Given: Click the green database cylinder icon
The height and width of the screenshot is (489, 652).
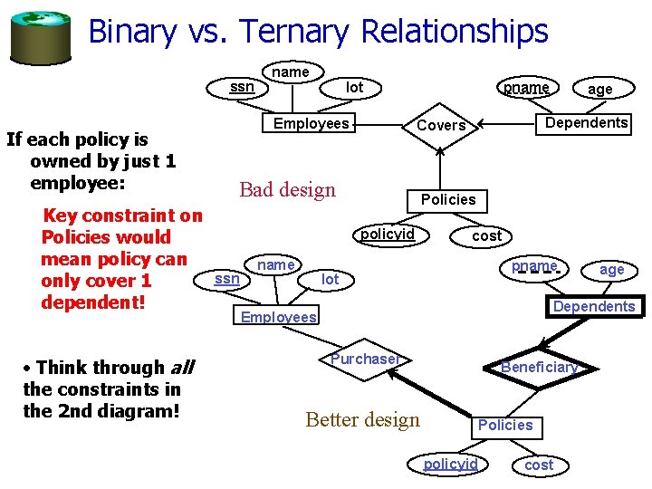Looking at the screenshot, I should click(x=40, y=34).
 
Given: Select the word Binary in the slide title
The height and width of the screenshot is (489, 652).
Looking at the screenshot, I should click(x=131, y=31).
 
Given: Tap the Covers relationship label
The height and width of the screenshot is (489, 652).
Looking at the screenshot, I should click(x=441, y=126).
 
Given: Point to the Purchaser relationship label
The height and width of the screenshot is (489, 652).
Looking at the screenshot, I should click(x=364, y=359).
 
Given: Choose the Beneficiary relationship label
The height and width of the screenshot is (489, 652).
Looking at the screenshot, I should click(x=539, y=367).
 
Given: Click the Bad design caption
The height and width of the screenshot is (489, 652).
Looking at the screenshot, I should click(x=287, y=189).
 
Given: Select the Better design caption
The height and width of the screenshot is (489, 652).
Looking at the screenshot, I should click(x=363, y=419).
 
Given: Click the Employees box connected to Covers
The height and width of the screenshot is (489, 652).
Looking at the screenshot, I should click(x=311, y=123).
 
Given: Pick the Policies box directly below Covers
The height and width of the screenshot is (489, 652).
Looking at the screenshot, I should click(x=448, y=199).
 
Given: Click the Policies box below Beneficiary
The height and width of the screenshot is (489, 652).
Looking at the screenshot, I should click(x=505, y=425).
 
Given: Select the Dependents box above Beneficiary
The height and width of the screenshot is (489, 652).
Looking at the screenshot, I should click(x=594, y=306).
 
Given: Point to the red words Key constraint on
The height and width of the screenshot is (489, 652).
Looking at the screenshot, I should click(x=123, y=216).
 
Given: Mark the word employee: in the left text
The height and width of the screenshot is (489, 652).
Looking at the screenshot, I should click(x=77, y=182).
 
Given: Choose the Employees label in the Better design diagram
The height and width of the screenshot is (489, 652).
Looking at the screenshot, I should click(x=278, y=317).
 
